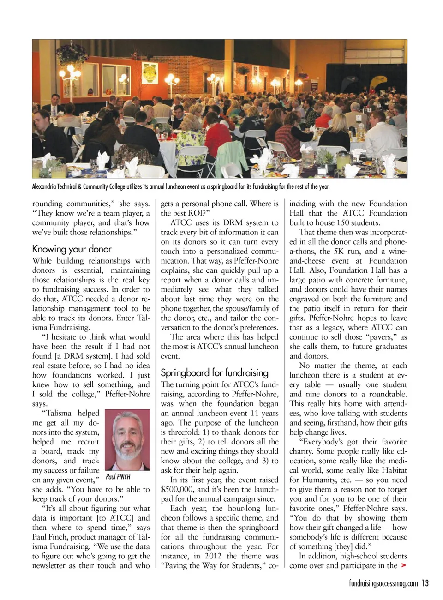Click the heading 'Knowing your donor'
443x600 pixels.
tap(72, 249)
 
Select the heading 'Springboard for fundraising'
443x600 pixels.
tap(214, 372)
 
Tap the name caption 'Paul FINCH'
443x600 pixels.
tap(118, 477)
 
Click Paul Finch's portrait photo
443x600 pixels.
tap(127, 439)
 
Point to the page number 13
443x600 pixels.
tap(425, 583)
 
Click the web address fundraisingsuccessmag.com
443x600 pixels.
tap(383, 584)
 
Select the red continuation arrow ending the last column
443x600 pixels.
tap(404, 565)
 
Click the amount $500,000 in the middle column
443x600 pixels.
tap(177, 489)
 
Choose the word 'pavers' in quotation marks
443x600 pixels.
tap(381, 337)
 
